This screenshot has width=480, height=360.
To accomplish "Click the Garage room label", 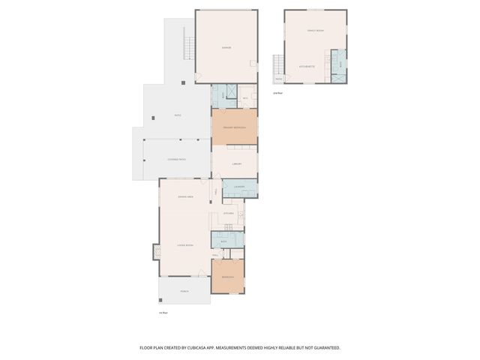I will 226,47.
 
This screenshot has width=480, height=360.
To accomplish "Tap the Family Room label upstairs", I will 315,31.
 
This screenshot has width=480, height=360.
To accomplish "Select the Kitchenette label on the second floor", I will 307,66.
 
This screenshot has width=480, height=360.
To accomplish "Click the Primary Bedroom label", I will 234,127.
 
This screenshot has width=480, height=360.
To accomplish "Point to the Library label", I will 235,163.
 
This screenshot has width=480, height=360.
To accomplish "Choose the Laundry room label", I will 239,187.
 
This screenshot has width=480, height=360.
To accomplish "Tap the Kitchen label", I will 229,214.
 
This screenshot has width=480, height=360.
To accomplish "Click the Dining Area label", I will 186,196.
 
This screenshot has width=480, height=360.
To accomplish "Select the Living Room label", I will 185,245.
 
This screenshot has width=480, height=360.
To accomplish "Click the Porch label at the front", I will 184,291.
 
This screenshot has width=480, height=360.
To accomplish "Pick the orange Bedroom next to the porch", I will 227,277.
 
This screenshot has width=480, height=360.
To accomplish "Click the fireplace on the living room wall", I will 157,252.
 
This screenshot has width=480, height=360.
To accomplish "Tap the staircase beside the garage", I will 189,49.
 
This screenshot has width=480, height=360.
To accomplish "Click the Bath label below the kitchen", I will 223,241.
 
